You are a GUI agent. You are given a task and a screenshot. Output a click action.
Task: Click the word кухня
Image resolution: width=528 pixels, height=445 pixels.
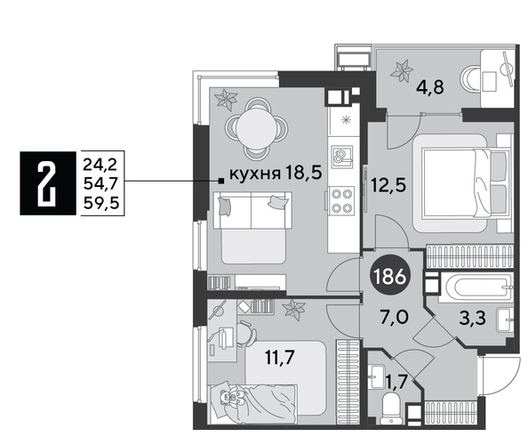point(256,174)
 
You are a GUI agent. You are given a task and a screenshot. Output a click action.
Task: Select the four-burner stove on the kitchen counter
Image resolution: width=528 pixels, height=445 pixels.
point(342,202)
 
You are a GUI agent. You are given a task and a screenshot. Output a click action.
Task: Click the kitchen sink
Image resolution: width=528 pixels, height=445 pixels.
point(341,158)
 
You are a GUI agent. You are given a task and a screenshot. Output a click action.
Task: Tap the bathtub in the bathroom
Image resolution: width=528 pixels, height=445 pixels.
point(477,289)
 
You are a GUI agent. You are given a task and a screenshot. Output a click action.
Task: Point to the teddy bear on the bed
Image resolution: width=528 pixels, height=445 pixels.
point(235,400)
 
